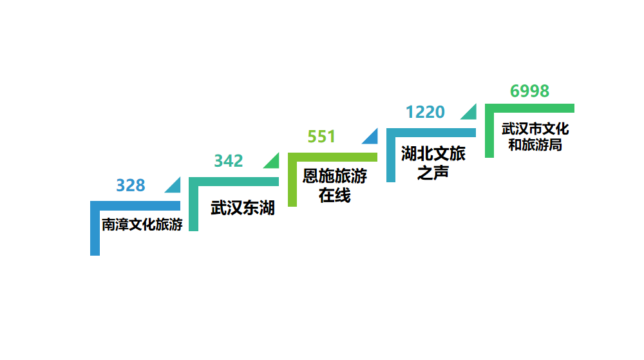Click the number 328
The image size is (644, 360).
(x=131, y=185)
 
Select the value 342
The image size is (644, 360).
(x=229, y=161)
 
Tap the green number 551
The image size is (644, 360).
(x=321, y=137)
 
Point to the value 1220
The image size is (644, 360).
(x=425, y=112)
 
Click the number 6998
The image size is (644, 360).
(x=529, y=91)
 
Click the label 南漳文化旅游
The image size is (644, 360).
(x=142, y=225)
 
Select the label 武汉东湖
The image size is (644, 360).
(x=242, y=208)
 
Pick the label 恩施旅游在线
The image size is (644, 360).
(x=335, y=185)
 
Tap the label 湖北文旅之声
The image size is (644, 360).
(x=433, y=163)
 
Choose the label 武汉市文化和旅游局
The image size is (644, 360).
(x=535, y=137)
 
